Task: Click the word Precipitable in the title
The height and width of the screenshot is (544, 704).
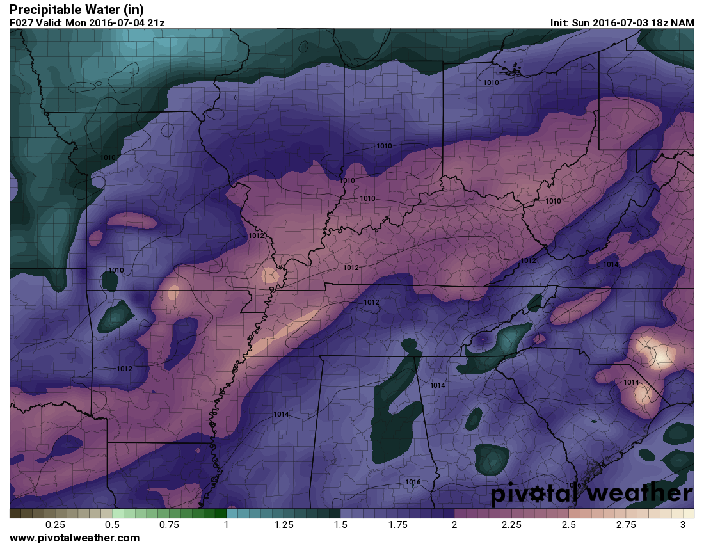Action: [45, 10]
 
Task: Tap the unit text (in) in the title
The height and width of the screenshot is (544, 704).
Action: [134, 10]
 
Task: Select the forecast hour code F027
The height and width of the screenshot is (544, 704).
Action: [22, 23]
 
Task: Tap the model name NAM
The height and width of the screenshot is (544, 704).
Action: [683, 23]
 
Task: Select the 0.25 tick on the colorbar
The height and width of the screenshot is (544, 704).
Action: [56, 525]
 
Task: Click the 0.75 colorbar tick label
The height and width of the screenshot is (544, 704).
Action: [170, 525]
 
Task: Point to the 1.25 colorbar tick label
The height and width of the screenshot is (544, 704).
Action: [284, 525]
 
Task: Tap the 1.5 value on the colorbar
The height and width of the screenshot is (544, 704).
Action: [340, 525]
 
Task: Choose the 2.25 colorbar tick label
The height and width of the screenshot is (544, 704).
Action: [511, 525]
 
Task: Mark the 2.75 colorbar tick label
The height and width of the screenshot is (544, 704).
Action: [625, 525]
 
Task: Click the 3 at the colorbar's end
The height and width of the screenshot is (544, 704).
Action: [683, 525]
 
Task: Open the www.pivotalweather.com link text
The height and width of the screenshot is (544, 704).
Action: [75, 538]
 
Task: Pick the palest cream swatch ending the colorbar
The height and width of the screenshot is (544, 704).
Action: [689, 513]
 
